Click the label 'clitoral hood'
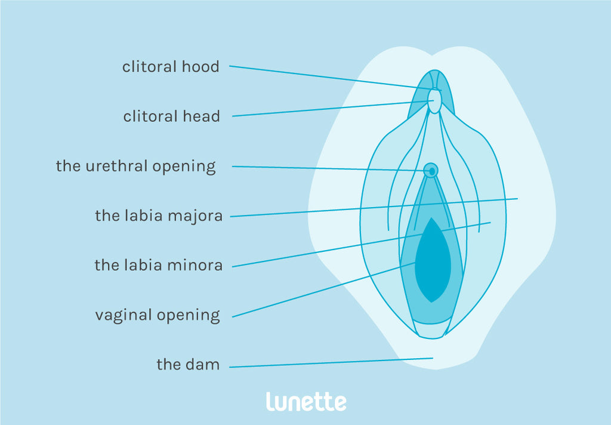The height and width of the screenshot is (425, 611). pos(171,67)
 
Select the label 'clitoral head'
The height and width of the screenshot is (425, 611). pos(171,116)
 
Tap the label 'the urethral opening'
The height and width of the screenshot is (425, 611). pos(135,166)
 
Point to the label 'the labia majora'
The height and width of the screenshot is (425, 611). pos(159,215)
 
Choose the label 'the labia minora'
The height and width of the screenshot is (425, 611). pos(159,265)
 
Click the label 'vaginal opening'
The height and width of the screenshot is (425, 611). pos(158,315)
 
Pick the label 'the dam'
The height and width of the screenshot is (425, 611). pos(188,364)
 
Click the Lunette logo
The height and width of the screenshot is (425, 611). pos(305,401)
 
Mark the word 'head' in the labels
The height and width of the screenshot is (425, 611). pos(201,116)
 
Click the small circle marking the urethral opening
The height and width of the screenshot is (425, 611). pos(430,171)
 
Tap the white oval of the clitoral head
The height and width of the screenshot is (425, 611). pos(435,101)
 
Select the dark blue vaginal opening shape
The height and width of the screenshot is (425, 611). pos(433,263)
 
